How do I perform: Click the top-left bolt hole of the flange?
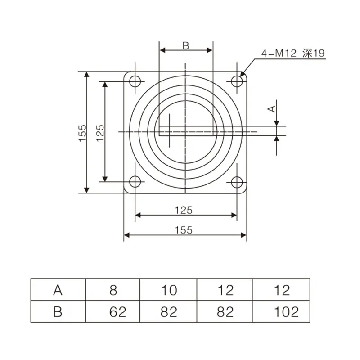tap(135, 81)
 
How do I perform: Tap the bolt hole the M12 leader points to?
tap(237, 81)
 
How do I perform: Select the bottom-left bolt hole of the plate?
tap(135, 182)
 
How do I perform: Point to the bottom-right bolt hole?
tap(237, 182)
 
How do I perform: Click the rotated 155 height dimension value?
tap(82, 134)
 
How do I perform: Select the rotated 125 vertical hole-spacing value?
tap(100, 133)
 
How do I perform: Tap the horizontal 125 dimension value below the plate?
tap(184, 210)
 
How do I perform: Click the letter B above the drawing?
tap(185, 45)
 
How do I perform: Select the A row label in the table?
tap(58, 290)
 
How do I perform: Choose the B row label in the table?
tap(58, 311)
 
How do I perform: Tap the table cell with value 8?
tap(113, 290)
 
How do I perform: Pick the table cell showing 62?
tap(113, 311)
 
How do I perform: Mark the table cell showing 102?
tap(282, 311)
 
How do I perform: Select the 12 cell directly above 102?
tap(282, 290)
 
